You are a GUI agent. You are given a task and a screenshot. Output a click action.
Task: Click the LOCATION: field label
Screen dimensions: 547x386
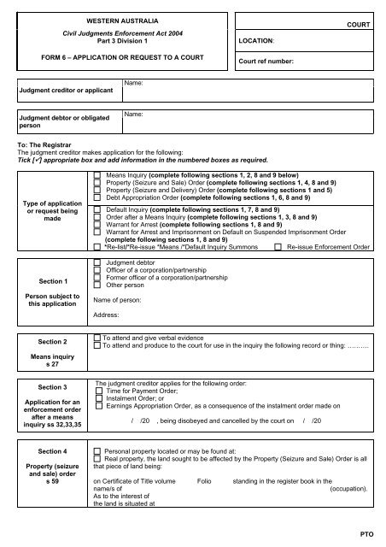click(x=250, y=40)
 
